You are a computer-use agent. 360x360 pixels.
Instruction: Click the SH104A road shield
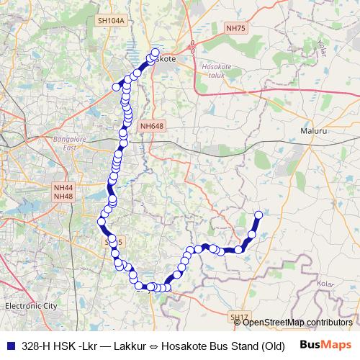coord(111,21)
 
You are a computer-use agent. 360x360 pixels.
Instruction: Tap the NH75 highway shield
coord(235,28)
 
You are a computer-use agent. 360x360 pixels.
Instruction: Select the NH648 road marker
coord(153,126)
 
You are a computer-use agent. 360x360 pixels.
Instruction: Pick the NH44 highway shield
coord(63,187)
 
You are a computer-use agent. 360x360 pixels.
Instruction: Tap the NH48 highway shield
coord(63,196)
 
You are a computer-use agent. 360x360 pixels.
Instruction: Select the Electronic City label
coord(30,305)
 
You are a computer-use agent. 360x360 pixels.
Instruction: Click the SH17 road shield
coord(239,317)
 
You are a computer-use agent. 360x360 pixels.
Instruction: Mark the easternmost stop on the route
coord(259,215)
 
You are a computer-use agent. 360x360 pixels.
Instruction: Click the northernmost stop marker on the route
coord(156,52)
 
